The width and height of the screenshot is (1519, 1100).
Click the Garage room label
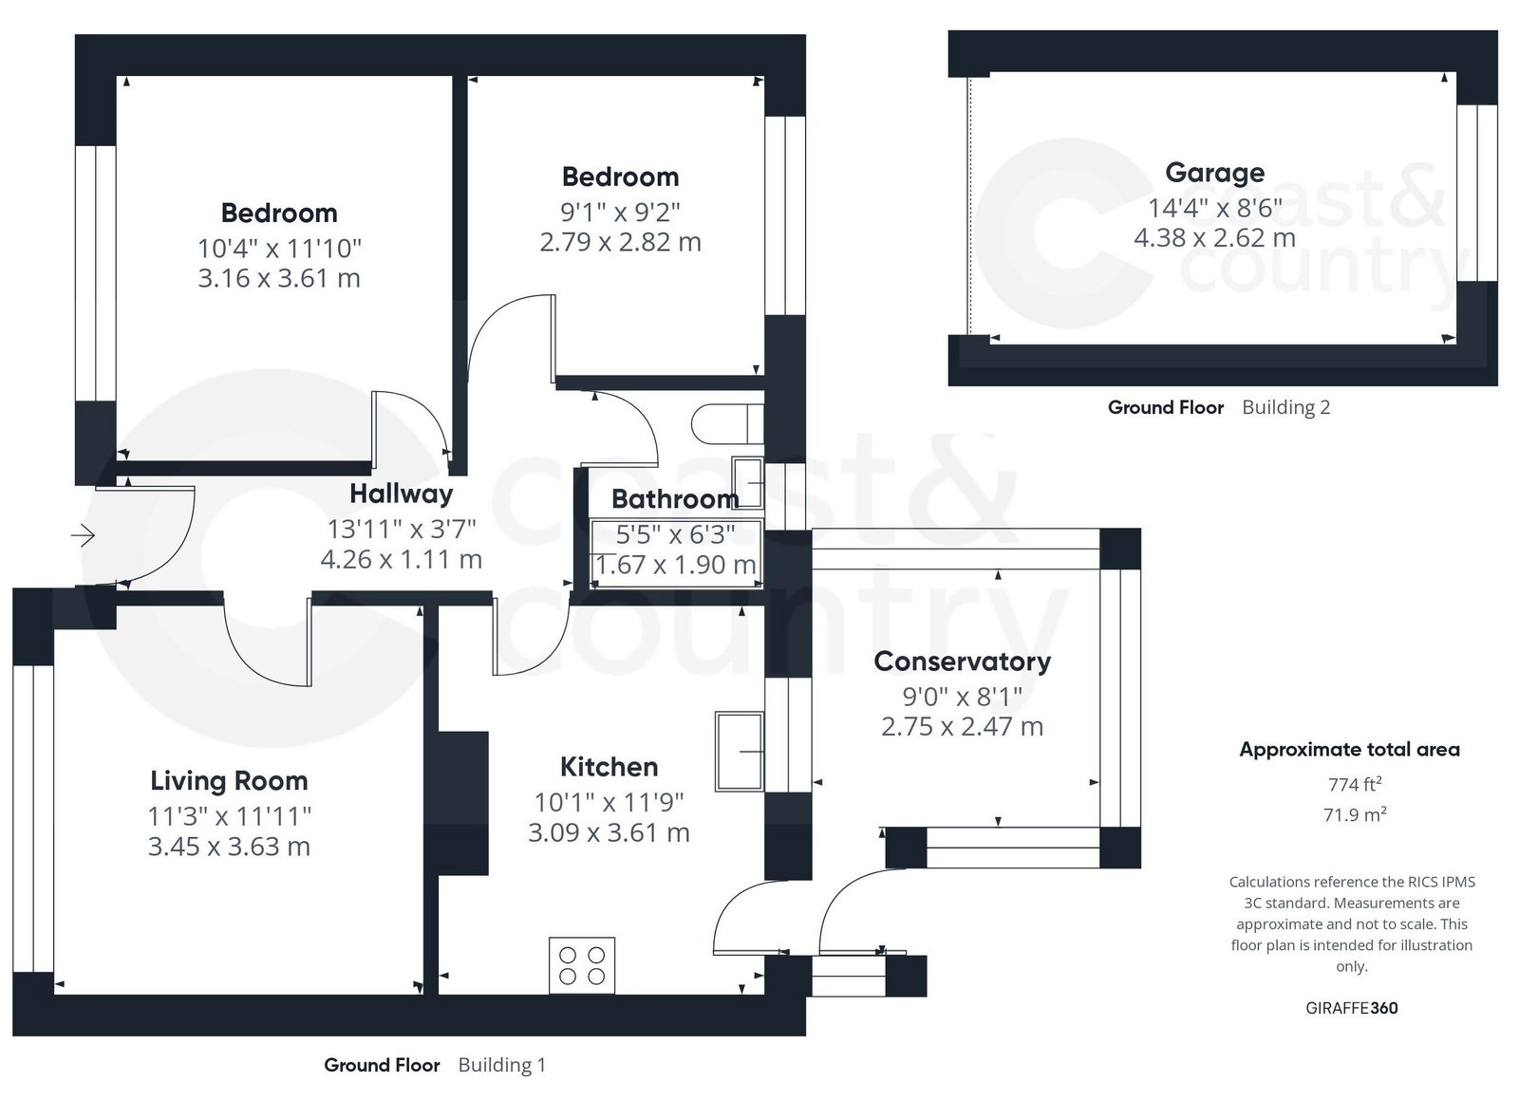pos(1214,174)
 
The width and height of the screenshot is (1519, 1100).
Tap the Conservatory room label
pos(963,662)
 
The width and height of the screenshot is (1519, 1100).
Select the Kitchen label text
pos(609,767)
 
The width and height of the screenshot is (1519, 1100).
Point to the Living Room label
pos(229,781)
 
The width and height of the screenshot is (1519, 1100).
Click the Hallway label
pos(401,494)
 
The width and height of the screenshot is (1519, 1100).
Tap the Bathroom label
pos(675,499)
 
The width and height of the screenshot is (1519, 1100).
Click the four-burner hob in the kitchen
pos(582,965)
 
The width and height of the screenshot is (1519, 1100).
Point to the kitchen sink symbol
pos(740,751)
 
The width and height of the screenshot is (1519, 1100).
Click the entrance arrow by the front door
pos(83,535)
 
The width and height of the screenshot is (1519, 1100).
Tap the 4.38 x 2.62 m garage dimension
pos(1214,238)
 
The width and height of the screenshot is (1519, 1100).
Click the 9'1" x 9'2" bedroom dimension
pos(620,213)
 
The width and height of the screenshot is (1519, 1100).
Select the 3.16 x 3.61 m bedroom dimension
pos(279,278)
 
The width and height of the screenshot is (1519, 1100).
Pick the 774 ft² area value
pos(1354,784)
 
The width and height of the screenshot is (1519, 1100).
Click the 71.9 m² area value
pos(1354,814)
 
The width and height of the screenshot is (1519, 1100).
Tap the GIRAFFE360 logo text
pos(1352,1008)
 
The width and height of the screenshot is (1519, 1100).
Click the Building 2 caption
pos(1285,407)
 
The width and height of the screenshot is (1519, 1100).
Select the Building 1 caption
pos(502,1065)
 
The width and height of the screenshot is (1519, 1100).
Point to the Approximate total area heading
pos(1349,750)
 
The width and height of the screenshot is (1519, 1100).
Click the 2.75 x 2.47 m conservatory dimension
pos(963,727)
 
